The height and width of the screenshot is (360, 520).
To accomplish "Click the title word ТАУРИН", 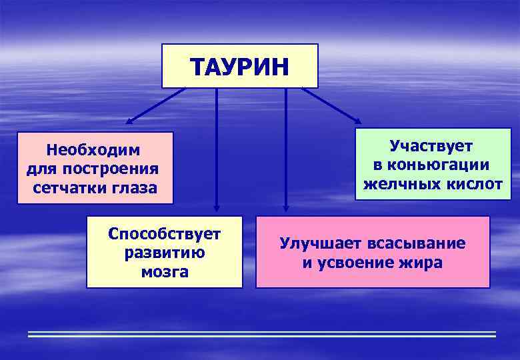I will click(x=239, y=67).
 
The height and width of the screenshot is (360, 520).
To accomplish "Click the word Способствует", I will click(x=164, y=234).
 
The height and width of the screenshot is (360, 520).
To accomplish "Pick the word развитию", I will click(x=164, y=253).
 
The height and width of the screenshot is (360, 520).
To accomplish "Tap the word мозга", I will click(x=164, y=272).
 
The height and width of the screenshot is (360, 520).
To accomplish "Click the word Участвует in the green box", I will click(x=431, y=146).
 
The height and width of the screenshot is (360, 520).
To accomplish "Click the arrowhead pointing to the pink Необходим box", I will click(x=129, y=122).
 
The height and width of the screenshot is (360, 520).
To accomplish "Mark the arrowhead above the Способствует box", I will click(x=216, y=207).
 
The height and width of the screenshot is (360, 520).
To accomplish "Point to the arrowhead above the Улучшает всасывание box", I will click(x=285, y=207).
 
